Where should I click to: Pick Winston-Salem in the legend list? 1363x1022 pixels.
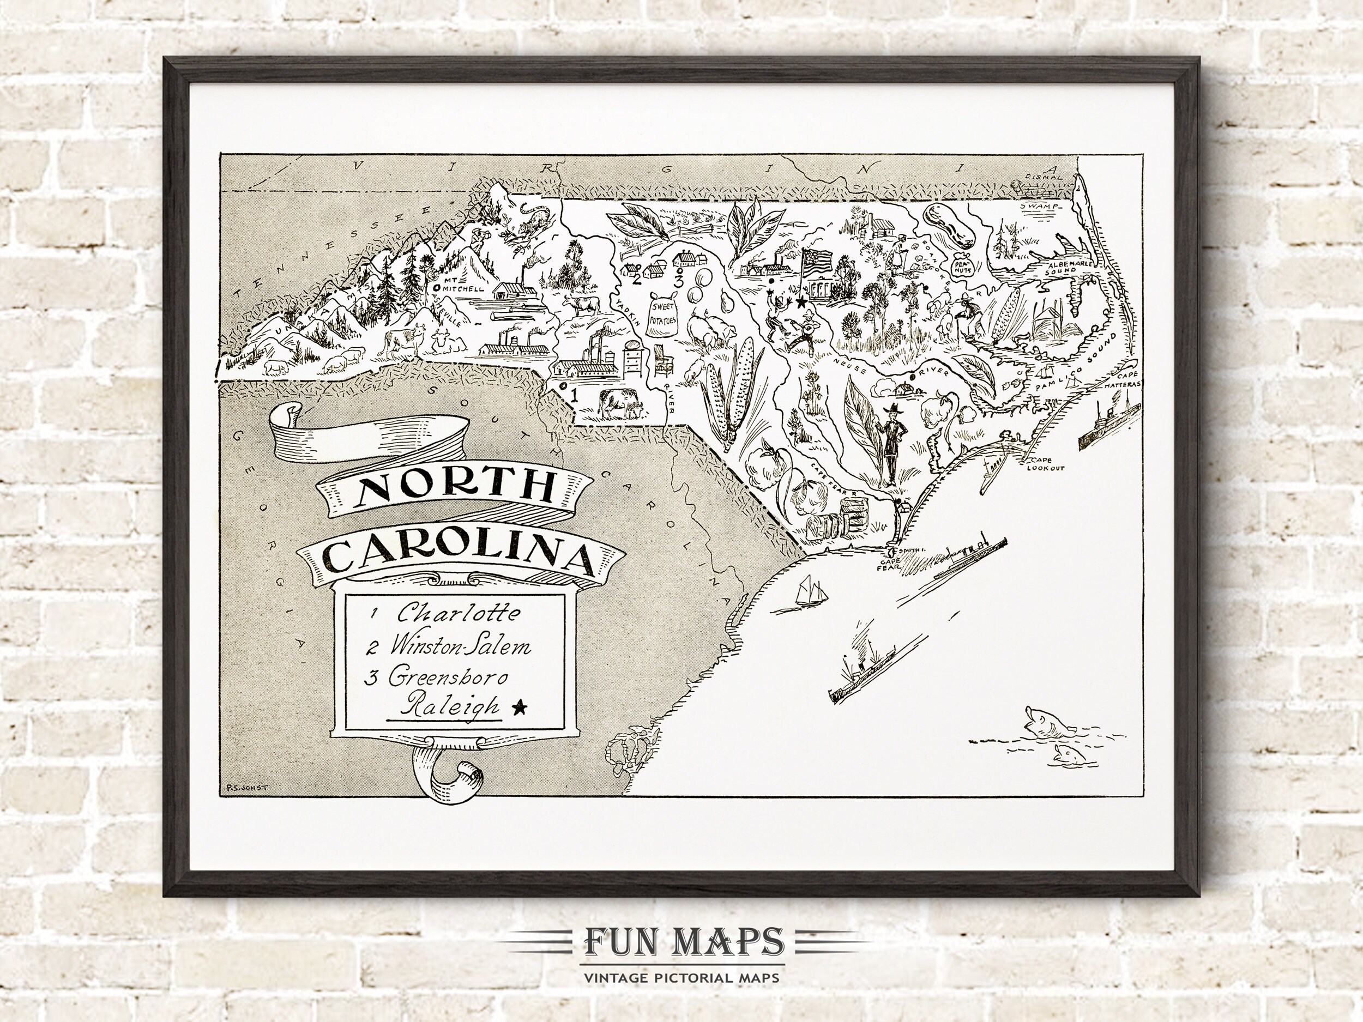460,647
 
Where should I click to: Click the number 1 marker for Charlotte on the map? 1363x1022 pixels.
574,395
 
